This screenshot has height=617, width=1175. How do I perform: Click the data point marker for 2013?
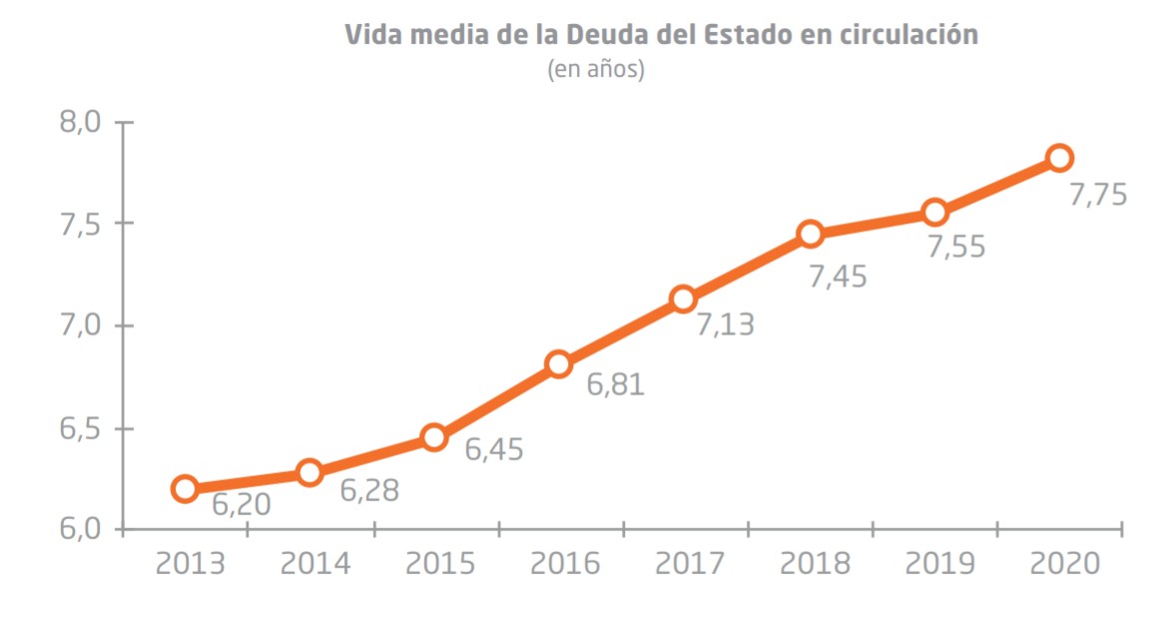pyautogui.click(x=185, y=488)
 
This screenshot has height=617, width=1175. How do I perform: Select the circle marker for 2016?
pyautogui.click(x=559, y=363)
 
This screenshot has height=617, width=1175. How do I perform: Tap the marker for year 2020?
pyautogui.click(x=1059, y=158)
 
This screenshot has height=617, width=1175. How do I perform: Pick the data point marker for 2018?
pyautogui.click(x=810, y=234)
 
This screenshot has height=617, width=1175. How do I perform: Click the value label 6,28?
pyautogui.click(x=369, y=491)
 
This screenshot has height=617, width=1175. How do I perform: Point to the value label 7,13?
pyautogui.click(x=725, y=324)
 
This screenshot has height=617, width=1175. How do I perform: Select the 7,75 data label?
pyautogui.click(x=1098, y=194)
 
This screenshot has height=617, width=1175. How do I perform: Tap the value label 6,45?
pyautogui.click(x=494, y=449)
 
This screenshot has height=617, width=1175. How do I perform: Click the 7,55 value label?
pyautogui.click(x=955, y=247)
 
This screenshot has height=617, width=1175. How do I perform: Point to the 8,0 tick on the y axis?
pyautogui.click(x=80, y=123)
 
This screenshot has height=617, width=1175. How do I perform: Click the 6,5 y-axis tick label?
pyautogui.click(x=80, y=428)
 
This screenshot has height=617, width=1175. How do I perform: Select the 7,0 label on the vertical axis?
pyautogui.click(x=80, y=325)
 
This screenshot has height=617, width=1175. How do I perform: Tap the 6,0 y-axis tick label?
pyautogui.click(x=80, y=528)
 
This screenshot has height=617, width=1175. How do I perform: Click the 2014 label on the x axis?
pyautogui.click(x=314, y=563)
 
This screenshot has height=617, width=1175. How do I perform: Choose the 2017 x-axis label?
pyautogui.click(x=690, y=563)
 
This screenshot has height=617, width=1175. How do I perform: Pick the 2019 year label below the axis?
pyautogui.click(x=939, y=563)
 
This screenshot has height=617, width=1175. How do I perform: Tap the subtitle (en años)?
pyautogui.click(x=596, y=70)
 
